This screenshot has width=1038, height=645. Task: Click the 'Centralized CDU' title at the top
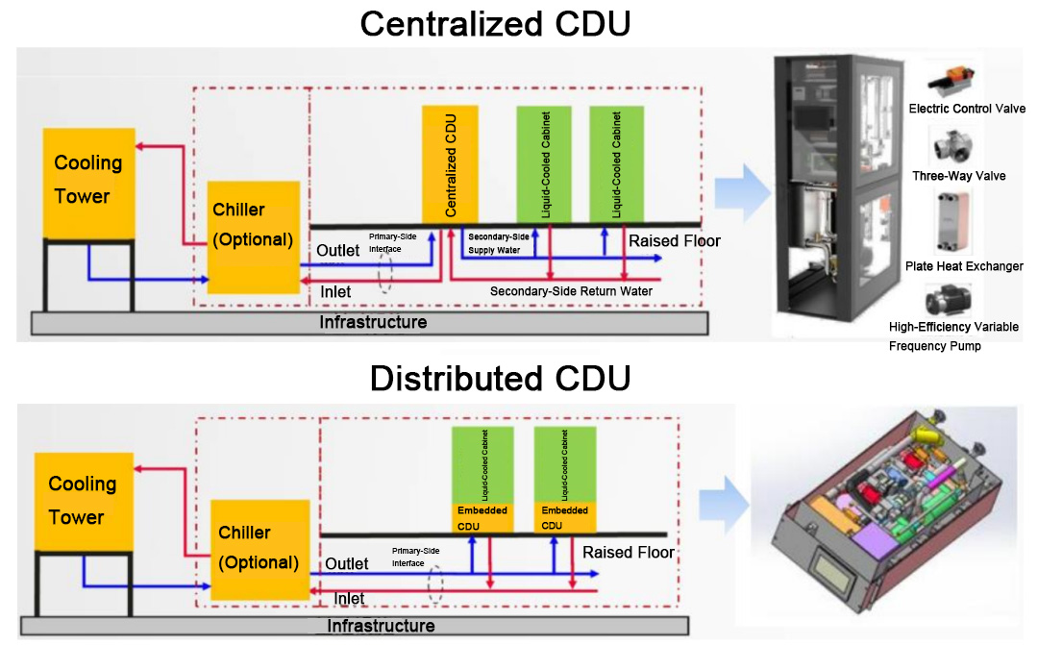click(x=495, y=23)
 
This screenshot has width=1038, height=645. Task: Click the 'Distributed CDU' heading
click(x=500, y=378)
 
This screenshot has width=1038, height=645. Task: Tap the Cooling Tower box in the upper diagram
click(x=88, y=184)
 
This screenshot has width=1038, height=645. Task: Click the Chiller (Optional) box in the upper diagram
click(x=253, y=236)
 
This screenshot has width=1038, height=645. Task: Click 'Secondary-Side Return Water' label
click(x=571, y=291)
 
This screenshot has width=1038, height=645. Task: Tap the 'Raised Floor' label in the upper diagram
click(x=674, y=240)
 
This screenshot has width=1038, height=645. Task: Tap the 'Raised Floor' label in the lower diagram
click(x=628, y=553)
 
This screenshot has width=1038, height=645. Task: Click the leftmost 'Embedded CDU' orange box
click(x=482, y=517)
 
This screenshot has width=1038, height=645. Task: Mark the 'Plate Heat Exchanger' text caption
click(x=964, y=266)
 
